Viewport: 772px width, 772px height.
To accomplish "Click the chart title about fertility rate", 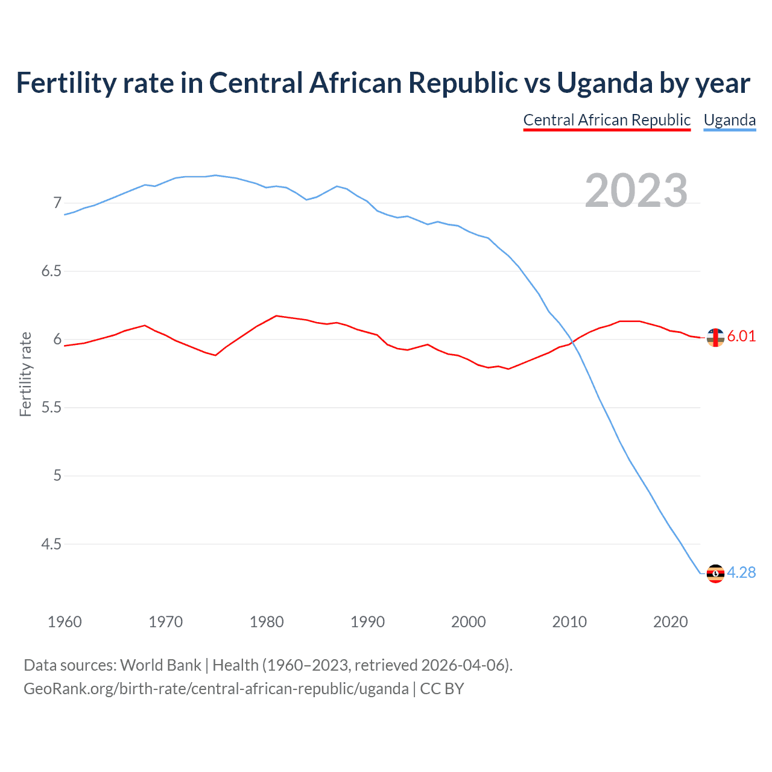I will pos(383,83).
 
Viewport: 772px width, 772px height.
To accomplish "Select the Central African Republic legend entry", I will pos(607,120).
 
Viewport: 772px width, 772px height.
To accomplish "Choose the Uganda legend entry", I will pos(730,120).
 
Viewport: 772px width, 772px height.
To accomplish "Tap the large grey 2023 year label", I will pos(636,191).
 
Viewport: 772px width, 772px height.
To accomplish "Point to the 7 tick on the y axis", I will pos(57,203).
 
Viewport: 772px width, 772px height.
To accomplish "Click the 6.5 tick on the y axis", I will pos(51,271).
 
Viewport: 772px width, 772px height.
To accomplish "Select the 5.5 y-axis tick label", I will pos(51,407).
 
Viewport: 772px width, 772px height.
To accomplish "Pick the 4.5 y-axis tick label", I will pos(51,544).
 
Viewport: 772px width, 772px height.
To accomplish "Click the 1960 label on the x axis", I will pos(65,622).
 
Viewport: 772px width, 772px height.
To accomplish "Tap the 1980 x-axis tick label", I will pos(267,622).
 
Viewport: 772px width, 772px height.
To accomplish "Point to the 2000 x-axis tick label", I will pos(468,622).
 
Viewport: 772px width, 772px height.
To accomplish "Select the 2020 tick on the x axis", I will pos(670,622).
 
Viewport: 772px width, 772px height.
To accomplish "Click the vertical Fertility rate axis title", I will pos(25,374).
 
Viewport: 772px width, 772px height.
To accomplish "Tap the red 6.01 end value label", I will pos(741,337).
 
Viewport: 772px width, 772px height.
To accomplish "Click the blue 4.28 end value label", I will pos(741,572).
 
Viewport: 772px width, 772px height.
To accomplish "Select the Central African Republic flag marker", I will pos(715,338).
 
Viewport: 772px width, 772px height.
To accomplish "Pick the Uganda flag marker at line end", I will pos(715,573).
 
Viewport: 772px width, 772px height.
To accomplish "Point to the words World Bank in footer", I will pos(160,665).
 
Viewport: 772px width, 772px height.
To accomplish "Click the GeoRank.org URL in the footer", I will pos(216,689).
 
